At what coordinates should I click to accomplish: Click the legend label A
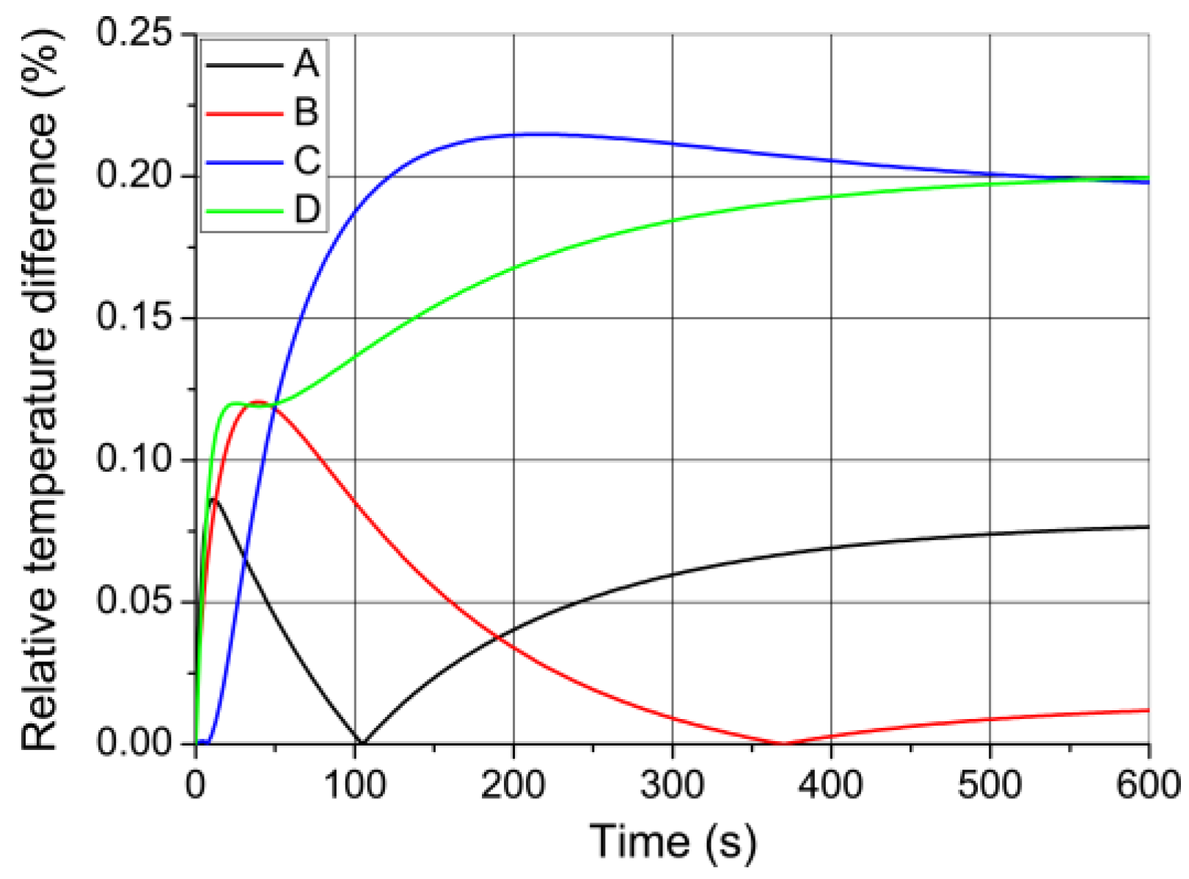pyautogui.click(x=306, y=64)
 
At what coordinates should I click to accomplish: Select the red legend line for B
pyautogui.click(x=244, y=113)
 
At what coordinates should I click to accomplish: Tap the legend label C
pyautogui.click(x=307, y=161)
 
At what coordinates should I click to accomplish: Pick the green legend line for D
pyautogui.click(x=244, y=211)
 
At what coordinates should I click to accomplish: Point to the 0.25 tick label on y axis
pyautogui.click(x=139, y=34)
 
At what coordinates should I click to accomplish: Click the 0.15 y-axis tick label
pyautogui.click(x=139, y=318)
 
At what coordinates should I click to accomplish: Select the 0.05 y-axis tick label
pyautogui.click(x=139, y=602)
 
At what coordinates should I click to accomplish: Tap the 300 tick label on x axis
pyautogui.click(x=672, y=786)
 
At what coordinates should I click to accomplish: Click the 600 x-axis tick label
pyautogui.click(x=1147, y=786)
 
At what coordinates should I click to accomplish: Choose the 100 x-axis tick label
pyautogui.click(x=355, y=786)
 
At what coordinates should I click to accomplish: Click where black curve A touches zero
pyautogui.click(x=360, y=743)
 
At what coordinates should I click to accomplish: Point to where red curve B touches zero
pyautogui.click(x=783, y=743)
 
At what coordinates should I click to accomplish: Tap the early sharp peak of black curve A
pyautogui.click(x=213, y=499)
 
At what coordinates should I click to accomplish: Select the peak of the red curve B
pyautogui.click(x=258, y=401)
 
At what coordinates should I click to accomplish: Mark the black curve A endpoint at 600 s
pyautogui.click(x=1148, y=527)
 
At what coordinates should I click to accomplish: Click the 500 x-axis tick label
pyautogui.click(x=989, y=786)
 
